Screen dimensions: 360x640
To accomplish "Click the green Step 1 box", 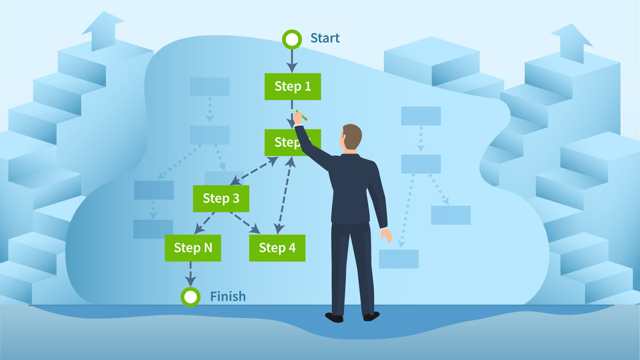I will click(x=293, y=86).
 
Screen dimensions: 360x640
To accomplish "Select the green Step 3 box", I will click(x=221, y=199).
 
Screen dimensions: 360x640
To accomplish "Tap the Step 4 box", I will click(x=277, y=248).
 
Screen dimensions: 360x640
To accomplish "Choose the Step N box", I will click(x=193, y=248).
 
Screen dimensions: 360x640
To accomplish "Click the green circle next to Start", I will click(x=292, y=39).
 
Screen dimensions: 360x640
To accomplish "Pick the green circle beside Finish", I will click(x=190, y=297).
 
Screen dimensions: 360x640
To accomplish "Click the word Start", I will click(x=325, y=38).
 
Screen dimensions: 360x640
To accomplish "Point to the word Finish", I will click(x=228, y=297).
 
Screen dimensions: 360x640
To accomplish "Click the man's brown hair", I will click(x=352, y=134).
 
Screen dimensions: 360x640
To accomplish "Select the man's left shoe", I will click(x=334, y=317).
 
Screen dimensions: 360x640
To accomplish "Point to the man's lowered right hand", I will click(x=386, y=235).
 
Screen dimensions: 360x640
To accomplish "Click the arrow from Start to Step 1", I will click(x=292, y=59).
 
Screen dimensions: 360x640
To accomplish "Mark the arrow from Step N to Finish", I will click(x=190, y=274).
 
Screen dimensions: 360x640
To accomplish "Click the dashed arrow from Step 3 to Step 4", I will click(x=246, y=223).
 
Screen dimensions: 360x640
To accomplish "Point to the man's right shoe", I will click(x=371, y=316).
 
